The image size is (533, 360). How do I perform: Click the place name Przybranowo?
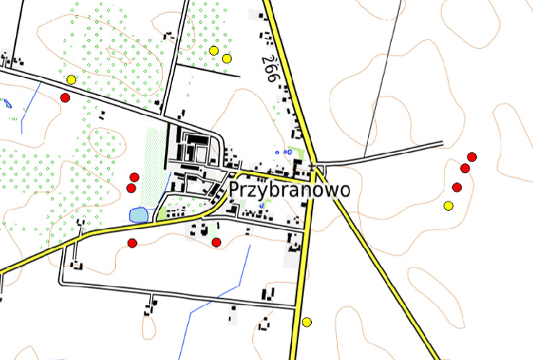coord(290,189)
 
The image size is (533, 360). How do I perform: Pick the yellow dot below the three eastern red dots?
coord(449,206)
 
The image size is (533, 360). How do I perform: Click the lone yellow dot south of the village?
coord(308,322)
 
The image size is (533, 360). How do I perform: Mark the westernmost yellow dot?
coord(71,79)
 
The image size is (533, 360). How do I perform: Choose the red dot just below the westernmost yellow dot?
coord(65,97)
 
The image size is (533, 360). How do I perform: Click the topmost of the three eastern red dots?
coord(472,157)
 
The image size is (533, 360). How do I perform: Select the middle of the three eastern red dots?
coord(465,168)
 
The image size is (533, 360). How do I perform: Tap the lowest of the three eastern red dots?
coord(457,188)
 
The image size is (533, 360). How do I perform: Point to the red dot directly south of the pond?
coord(133,243)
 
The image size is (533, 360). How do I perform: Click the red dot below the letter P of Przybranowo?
coord(216,243)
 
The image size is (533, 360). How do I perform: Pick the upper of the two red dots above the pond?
coord(134,177)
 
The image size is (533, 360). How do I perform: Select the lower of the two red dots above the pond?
coord(131,188)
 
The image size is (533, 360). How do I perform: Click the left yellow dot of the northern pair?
coord(214,50)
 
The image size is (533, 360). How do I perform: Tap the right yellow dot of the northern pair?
coord(227,58)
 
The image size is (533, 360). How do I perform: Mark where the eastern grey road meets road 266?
coord(317,161)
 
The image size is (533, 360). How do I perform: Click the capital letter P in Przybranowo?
coord(236,189)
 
